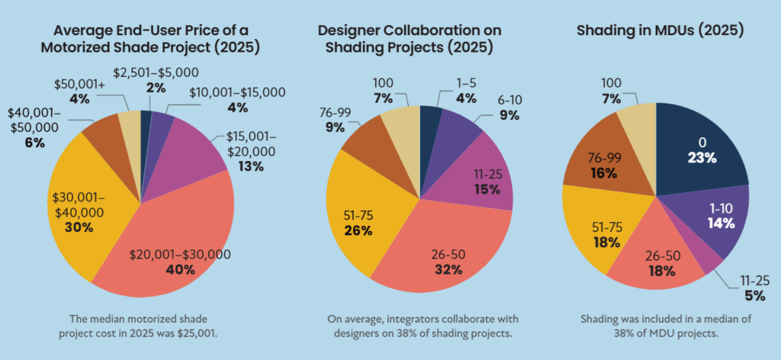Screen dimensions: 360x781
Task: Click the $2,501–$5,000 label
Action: pos(156,73)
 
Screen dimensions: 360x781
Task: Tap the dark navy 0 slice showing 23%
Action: pos(702,149)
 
